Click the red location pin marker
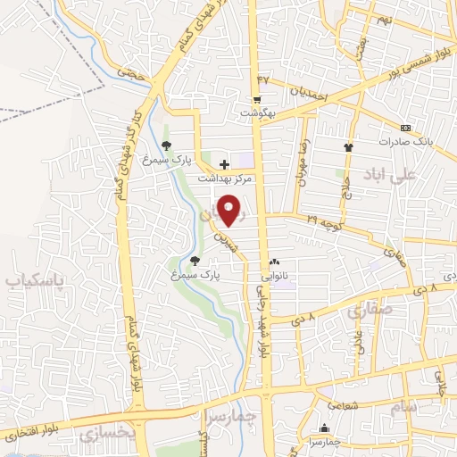pos(231,209)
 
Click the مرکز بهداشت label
pos(225,179)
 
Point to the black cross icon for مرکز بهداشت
pos(223,164)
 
